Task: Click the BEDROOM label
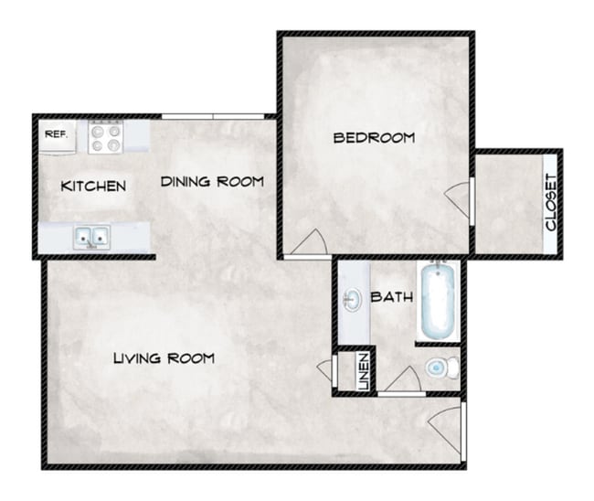click(374, 137)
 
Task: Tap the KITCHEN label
click(93, 187)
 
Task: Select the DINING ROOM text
click(212, 182)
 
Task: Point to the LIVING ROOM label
click(164, 358)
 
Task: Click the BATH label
click(392, 297)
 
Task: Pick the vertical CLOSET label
click(551, 202)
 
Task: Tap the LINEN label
click(364, 371)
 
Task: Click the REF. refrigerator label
click(57, 133)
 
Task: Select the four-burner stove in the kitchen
click(106, 137)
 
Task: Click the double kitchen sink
click(91, 238)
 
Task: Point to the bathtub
click(438, 301)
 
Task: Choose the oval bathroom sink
click(353, 300)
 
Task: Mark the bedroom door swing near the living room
click(309, 242)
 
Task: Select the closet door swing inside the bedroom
click(458, 199)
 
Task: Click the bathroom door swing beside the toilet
click(403, 379)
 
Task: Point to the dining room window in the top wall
click(213, 116)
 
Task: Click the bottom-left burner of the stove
click(98, 145)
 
